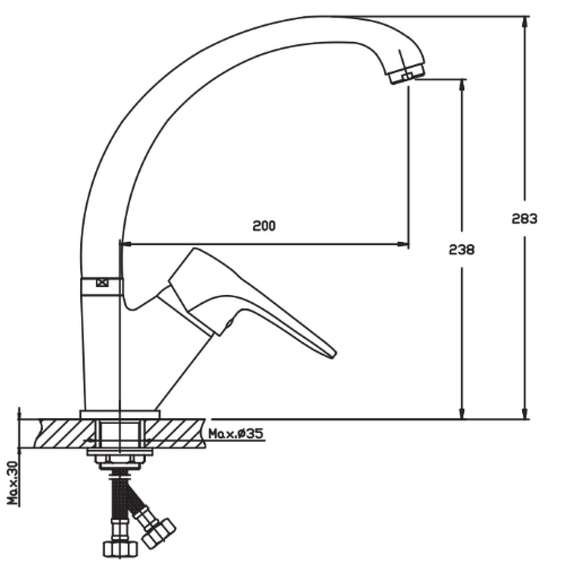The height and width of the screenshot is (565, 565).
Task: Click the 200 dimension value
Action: coord(264,225)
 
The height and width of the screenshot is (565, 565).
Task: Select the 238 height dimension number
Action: coord(462,249)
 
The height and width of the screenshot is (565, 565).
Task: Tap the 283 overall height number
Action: coord(524,218)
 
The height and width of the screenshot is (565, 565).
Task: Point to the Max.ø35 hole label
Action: coord(236,433)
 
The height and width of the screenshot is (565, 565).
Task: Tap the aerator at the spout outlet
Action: coord(406,74)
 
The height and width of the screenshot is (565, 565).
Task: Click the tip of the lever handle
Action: coord(334,355)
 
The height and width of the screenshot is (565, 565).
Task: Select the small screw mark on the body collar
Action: coord(102,283)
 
